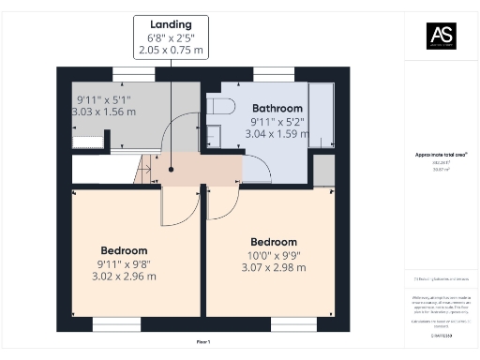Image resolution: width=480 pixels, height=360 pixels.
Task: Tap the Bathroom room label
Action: point(277,109)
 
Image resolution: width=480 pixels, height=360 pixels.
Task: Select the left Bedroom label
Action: point(125,250)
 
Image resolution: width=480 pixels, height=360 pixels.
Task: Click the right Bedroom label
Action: point(274,241)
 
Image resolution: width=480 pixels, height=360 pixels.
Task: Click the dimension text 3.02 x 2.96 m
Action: point(125,276)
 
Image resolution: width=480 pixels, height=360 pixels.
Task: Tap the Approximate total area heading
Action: point(442,154)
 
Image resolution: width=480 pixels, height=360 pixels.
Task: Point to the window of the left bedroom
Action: point(116,324)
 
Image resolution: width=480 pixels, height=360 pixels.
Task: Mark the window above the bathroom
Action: point(273,73)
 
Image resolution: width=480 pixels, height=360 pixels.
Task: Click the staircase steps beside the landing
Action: point(143,171)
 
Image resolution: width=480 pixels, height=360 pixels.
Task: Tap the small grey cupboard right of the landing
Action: point(323,170)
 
